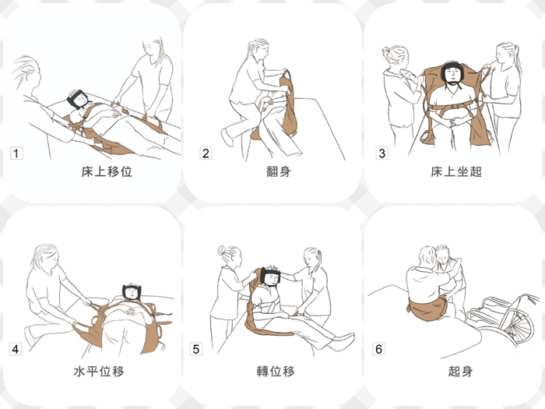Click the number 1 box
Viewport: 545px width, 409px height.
pyautogui.click(x=16, y=153)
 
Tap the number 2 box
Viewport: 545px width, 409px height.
pyautogui.click(x=206, y=153)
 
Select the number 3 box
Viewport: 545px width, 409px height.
pyautogui.click(x=382, y=153)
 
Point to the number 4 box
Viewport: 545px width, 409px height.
pyautogui.click(x=16, y=349)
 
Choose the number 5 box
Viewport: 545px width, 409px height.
pyautogui.click(x=196, y=349)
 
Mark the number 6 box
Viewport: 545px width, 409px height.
pyautogui.click(x=379, y=349)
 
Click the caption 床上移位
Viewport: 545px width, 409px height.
pyautogui.click(x=107, y=171)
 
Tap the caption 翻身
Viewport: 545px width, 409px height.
pyautogui.click(x=279, y=171)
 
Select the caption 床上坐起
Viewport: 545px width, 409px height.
pyautogui.click(x=456, y=171)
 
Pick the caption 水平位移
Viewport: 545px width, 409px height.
pyautogui.click(x=99, y=371)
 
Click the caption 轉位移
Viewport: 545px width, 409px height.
pyautogui.click(x=276, y=371)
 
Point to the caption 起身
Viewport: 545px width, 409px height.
pyautogui.click(x=460, y=371)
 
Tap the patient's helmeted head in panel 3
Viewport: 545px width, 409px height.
pyautogui.click(x=452, y=74)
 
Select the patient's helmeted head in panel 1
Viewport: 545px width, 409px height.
pyautogui.click(x=77, y=99)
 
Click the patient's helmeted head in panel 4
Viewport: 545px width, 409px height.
pyautogui.click(x=132, y=291)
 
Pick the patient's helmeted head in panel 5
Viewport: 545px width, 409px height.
pyautogui.click(x=271, y=276)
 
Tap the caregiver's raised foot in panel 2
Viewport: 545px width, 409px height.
pyautogui.click(x=227, y=137)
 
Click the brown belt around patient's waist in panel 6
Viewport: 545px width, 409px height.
pyautogui.click(x=427, y=309)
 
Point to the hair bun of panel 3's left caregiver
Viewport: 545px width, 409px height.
pyautogui.click(x=386, y=51)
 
